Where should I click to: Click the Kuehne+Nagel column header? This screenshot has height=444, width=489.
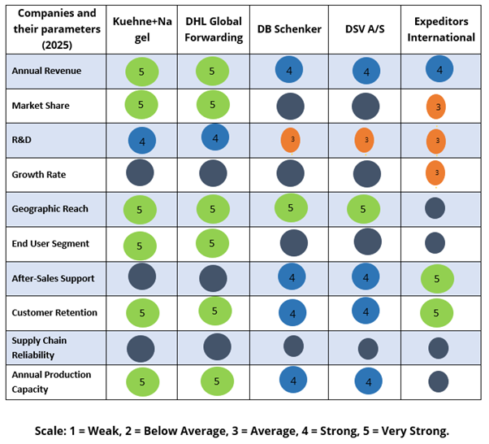click(142, 29)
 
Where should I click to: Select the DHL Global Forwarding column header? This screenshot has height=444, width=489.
click(213, 29)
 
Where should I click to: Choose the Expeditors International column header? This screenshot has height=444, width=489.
click(439, 29)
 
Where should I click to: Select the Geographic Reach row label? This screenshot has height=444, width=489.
click(50, 209)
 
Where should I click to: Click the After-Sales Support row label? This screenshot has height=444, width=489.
click(53, 278)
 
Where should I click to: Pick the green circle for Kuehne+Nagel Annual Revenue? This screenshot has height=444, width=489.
click(141, 72)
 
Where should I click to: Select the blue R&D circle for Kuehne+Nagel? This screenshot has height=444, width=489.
click(143, 140)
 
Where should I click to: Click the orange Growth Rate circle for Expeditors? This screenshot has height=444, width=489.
click(436, 172)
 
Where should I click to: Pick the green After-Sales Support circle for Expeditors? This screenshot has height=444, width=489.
click(437, 279)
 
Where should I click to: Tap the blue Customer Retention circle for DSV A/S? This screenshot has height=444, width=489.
click(366, 311)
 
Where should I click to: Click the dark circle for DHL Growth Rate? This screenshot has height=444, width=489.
click(213, 174)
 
